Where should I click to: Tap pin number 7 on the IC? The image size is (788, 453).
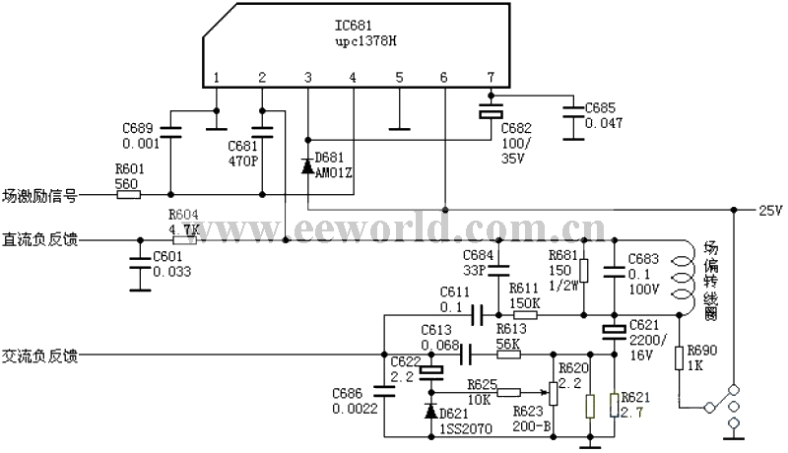491,78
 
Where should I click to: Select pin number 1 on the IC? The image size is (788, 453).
217,78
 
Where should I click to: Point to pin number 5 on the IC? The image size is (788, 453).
399,78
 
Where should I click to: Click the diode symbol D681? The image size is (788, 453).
308,165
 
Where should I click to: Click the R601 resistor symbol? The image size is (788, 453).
128,194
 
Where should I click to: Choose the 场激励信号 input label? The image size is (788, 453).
40,195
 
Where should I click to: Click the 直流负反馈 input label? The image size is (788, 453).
40,239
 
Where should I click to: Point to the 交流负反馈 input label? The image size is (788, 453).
40,352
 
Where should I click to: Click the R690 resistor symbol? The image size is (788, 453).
679,358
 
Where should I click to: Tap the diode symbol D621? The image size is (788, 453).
430,410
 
